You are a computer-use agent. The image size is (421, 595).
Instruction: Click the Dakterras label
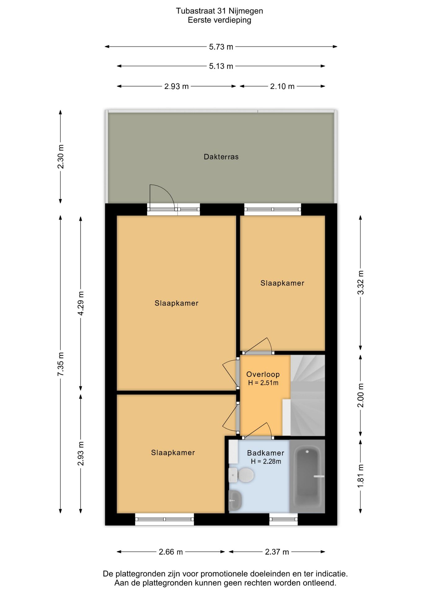221,157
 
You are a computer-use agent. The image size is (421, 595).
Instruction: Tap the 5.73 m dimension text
221,47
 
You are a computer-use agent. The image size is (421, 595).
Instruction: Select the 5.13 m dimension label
221,66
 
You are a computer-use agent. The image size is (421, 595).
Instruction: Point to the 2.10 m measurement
282,86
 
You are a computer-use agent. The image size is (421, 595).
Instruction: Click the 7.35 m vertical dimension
61,364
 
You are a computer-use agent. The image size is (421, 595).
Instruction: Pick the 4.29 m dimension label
81,303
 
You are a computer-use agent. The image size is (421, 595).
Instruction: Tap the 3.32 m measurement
361,283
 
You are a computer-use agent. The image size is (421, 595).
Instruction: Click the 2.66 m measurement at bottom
171,552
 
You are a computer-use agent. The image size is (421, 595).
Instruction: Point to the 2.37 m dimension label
277,552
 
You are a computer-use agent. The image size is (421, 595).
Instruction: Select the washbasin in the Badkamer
235,500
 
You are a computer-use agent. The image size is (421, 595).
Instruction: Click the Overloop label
263,374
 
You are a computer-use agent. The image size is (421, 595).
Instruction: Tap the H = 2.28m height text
266,461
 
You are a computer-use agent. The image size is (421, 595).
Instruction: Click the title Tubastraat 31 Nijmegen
219,11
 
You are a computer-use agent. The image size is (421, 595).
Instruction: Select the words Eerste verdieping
219,20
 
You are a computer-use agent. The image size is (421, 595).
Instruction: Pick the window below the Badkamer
283,519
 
